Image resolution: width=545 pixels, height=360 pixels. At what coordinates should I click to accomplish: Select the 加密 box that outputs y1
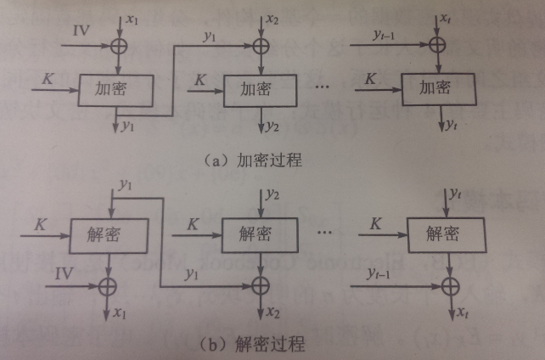(115, 88)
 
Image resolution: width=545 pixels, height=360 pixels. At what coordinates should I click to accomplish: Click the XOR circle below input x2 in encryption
(260, 44)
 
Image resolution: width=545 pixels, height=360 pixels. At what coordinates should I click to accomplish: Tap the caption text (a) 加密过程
(252, 159)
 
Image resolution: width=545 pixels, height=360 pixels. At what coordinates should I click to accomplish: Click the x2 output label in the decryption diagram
(272, 312)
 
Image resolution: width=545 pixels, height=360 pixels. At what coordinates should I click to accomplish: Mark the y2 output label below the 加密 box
(272, 127)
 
